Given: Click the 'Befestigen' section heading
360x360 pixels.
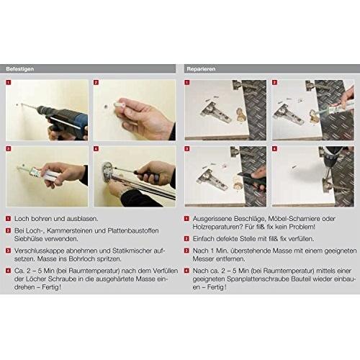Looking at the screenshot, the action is [x=20, y=69].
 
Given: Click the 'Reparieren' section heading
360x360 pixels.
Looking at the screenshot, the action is [x=201, y=69].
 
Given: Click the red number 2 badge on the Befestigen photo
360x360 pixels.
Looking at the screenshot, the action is [x=96, y=82].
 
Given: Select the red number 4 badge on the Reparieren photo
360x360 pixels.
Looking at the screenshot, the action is [x=274, y=149].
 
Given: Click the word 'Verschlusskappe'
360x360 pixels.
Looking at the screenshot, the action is [x=39, y=251].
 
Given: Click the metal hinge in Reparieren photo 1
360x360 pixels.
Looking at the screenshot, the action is [x=215, y=112].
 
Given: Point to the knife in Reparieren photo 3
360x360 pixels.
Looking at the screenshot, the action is [x=251, y=178].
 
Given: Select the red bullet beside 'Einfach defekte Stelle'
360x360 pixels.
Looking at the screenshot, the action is [x=186, y=239].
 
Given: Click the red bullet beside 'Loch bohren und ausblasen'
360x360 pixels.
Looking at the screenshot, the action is [x=8, y=219].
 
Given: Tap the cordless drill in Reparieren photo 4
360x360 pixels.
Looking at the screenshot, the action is [x=333, y=160].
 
